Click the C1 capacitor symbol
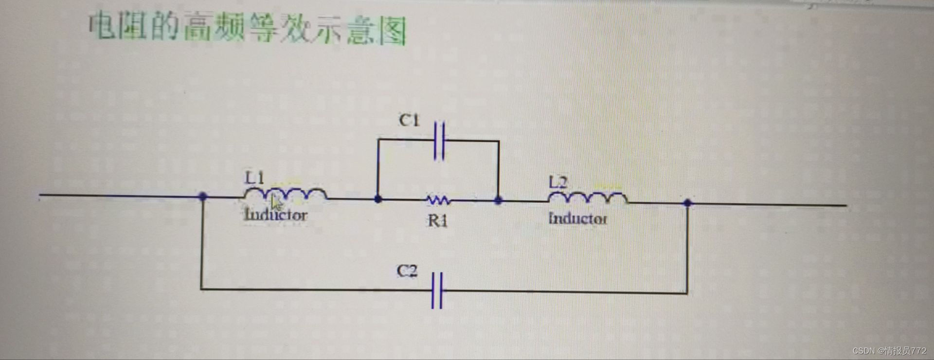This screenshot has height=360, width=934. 439,141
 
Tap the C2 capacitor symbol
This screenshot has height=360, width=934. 437,290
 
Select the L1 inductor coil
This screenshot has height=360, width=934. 285,194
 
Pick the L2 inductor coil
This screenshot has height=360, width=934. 588,198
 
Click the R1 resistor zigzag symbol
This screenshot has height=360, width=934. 438,199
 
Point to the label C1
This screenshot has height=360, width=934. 409,120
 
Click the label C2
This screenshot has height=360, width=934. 407,270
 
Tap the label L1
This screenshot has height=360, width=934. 254,178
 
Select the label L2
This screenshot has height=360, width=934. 558,182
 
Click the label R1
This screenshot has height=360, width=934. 437,221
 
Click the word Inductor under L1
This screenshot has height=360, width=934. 276,215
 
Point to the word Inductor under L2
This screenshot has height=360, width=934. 577,218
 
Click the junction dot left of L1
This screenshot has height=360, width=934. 203,196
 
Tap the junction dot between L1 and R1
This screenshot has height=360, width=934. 378,199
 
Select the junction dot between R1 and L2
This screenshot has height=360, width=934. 498,200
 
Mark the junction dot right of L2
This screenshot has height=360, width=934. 687,203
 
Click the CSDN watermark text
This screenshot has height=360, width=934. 889,350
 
